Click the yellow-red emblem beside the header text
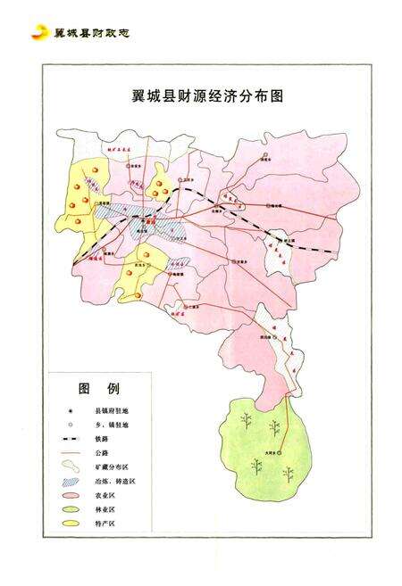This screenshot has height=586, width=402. [39, 33]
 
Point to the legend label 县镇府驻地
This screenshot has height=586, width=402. [113, 411]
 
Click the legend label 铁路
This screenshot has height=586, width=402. [101, 439]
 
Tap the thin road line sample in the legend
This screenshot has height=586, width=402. [71, 453]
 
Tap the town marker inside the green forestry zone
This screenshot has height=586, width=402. [279, 453]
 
